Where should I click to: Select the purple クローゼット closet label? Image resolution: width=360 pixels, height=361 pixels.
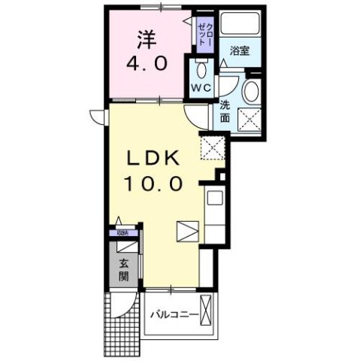[204, 34]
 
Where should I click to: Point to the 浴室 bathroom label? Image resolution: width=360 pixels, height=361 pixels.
[240, 51]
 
